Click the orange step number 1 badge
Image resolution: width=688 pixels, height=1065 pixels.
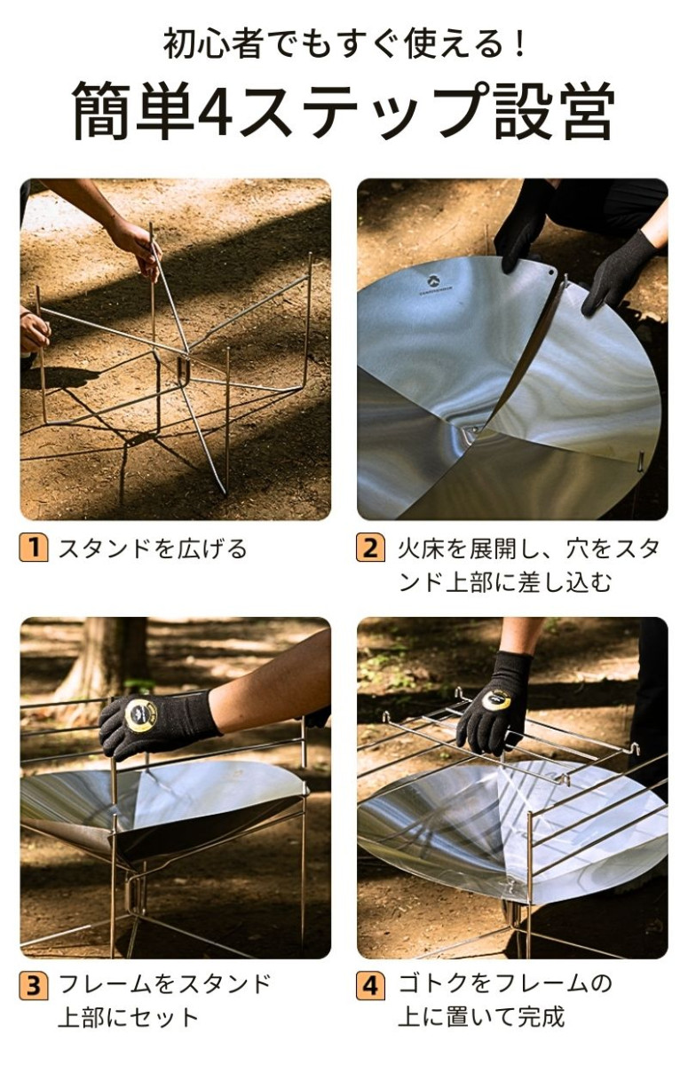tap(34, 548)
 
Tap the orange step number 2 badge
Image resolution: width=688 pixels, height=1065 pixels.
tap(370, 548)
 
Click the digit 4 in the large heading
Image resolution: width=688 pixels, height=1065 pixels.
tap(216, 111)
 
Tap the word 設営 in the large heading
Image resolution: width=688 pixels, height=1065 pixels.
tap(553, 111)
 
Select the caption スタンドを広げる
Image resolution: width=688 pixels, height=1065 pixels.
tap(153, 548)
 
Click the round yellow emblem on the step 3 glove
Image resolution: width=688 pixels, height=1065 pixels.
tap(141, 715)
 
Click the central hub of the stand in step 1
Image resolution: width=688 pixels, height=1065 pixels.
tap(184, 367)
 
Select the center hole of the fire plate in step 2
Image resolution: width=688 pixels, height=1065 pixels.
tap(473, 430)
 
